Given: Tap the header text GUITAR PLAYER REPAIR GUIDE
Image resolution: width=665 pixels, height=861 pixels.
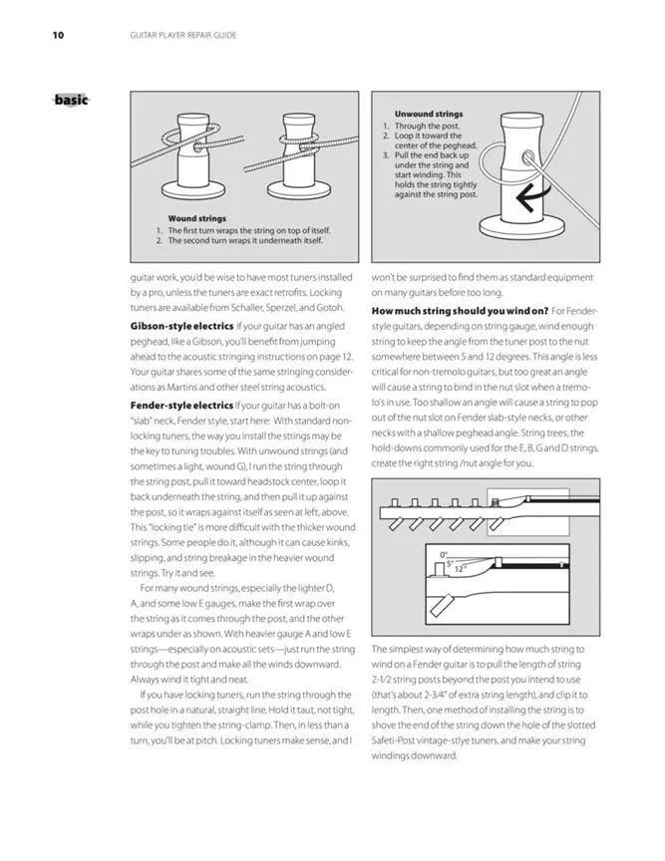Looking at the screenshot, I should pyautogui.click(x=183, y=36).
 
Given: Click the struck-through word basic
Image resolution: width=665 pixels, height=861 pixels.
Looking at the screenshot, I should pyautogui.click(x=71, y=100).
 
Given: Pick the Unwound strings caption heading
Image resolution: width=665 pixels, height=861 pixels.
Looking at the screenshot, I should pyautogui.click(x=428, y=115).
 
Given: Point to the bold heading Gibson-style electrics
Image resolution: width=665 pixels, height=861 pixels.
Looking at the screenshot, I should pyautogui.click(x=181, y=327).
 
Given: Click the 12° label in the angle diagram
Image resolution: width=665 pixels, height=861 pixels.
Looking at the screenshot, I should pyautogui.click(x=460, y=569).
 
